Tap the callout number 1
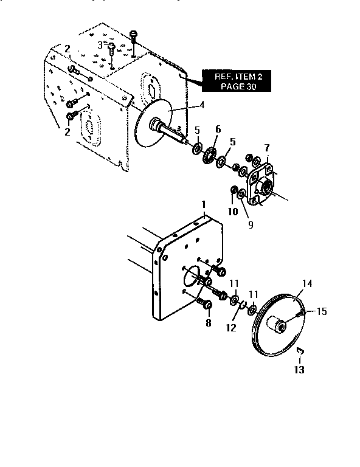(205, 206)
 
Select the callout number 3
(100, 46)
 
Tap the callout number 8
(208, 323)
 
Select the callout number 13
(299, 369)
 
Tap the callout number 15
(322, 311)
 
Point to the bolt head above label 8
(207, 303)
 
